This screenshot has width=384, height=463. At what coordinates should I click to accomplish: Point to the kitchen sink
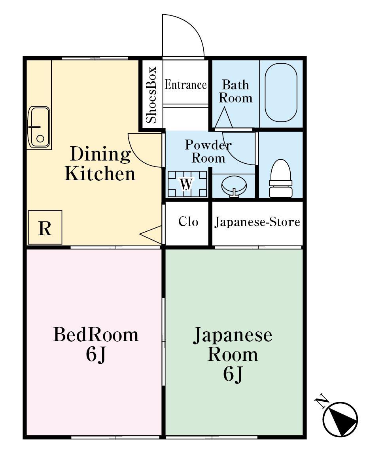point(39,125)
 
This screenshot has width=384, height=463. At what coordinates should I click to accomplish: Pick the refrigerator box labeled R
point(45,228)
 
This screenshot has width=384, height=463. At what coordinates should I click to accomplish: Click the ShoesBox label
point(152,95)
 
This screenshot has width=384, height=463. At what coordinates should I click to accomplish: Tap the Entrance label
point(185,85)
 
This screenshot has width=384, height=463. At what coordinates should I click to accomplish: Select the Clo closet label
point(188,221)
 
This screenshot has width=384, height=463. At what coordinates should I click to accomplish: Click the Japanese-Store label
point(257,222)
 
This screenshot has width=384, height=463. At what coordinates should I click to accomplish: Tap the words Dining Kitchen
point(100,164)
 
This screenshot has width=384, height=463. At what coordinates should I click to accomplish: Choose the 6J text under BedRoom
point(96,355)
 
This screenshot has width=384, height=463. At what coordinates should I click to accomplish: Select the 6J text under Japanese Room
point(233,374)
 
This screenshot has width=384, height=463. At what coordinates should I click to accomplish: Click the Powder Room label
point(208,151)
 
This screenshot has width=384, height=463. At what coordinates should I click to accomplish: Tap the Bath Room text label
point(236,91)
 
